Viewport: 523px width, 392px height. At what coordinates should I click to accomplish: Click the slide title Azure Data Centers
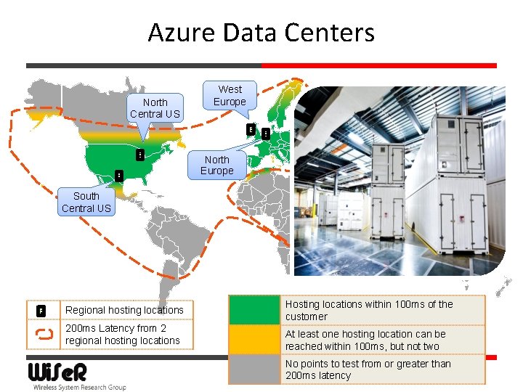(261, 33)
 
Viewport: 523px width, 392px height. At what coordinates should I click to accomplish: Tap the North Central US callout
(155, 108)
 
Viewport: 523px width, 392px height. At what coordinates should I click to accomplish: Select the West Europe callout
(230, 95)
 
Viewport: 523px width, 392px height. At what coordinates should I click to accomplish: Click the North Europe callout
(216, 165)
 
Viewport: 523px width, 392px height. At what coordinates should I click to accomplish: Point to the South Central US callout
(86, 202)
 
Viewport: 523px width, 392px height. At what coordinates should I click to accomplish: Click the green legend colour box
(254, 310)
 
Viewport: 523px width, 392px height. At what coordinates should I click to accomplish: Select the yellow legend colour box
(254, 340)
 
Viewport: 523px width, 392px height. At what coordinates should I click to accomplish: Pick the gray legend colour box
(254, 369)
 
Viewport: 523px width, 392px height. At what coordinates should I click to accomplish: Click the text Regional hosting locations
(124, 310)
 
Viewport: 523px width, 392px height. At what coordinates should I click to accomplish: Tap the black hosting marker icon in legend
(42, 310)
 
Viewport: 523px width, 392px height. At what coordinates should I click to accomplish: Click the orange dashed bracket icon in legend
(44, 334)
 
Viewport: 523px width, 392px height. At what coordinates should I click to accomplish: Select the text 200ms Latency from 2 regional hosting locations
(122, 334)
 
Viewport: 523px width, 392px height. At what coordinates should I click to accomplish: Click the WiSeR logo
(57, 372)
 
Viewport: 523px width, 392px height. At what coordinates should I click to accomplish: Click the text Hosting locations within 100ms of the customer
(369, 310)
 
